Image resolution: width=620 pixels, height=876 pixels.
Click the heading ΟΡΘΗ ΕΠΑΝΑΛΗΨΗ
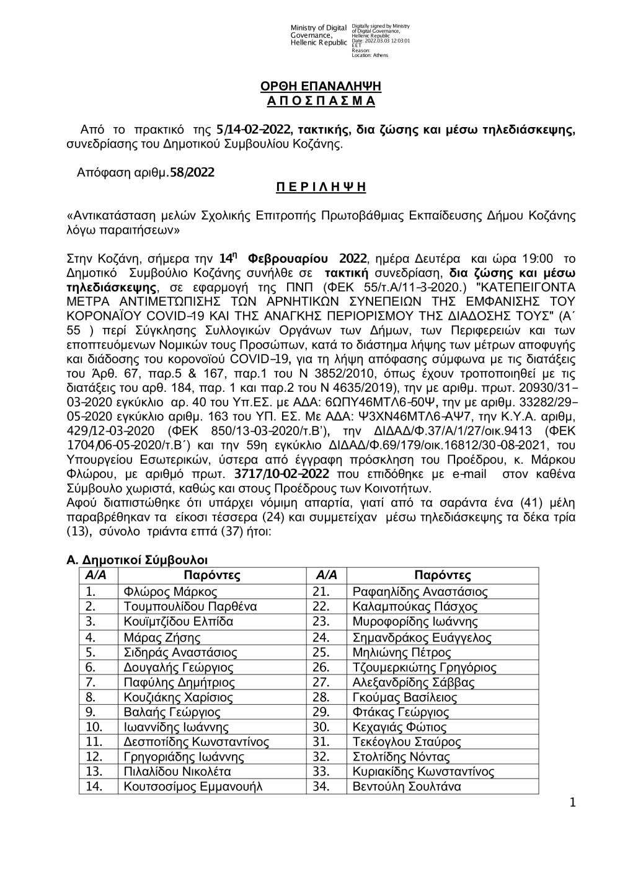pyautogui.click(x=321, y=86)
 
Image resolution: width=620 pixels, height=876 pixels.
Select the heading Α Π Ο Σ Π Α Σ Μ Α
pyautogui.click(x=321, y=100)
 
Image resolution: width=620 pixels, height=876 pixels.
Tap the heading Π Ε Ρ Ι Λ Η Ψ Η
pyautogui.click(x=321, y=187)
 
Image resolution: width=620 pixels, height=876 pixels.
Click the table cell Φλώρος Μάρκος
pyautogui.click(x=170, y=592)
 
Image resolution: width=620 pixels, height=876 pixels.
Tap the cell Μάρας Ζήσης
pyautogui.click(x=162, y=637)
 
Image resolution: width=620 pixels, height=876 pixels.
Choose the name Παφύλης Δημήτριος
pyautogui.click(x=180, y=683)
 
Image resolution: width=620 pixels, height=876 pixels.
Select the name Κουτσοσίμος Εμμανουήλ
pyautogui.click(x=193, y=787)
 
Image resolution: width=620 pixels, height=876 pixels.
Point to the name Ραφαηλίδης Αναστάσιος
pyautogui.click(x=420, y=592)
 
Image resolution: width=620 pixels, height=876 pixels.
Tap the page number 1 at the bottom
pyautogui.click(x=572, y=803)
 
